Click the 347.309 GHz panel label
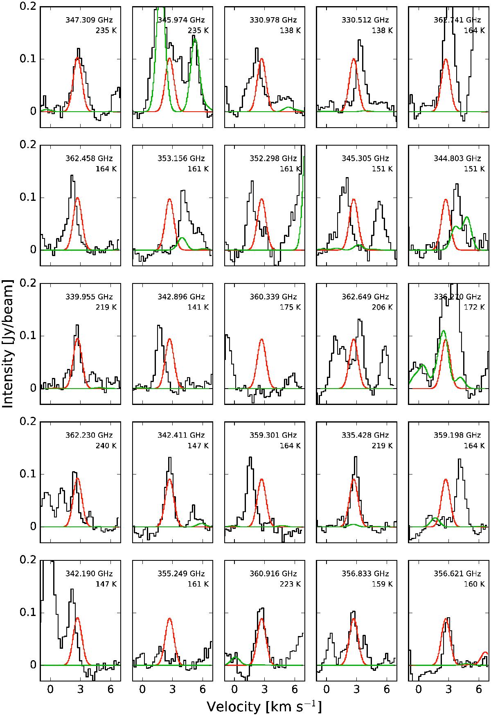point(89,20)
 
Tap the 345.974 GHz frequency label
point(181,20)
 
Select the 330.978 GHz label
point(273,20)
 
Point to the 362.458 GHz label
point(89,158)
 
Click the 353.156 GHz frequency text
point(181,158)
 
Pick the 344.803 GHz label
point(457,158)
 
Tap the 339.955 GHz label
point(89,297)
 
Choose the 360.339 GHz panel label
point(273,297)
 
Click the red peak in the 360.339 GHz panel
point(261,340)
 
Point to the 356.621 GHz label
point(457,573)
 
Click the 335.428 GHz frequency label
point(365,435)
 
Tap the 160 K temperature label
point(476,584)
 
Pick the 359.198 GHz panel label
point(457,435)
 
